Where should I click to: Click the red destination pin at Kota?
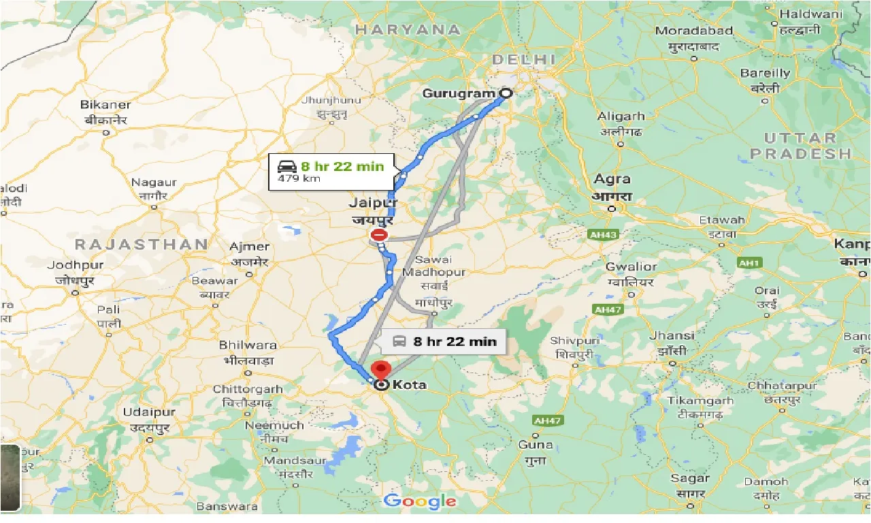click(380, 370)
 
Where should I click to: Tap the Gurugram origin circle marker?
click(506, 93)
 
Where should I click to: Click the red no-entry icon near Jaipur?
click(378, 236)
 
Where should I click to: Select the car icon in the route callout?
click(286, 165)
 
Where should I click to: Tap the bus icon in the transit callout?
click(399, 341)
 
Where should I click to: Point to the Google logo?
click(420, 502)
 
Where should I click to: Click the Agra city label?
click(612, 180)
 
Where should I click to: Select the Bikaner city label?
click(105, 105)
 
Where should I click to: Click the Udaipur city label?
click(149, 412)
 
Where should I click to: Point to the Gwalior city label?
click(631, 267)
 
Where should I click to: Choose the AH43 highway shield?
click(602, 235)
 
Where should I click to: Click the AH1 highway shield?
click(749, 262)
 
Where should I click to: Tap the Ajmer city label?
click(250, 247)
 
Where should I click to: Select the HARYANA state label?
click(408, 29)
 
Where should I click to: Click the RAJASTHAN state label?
click(142, 244)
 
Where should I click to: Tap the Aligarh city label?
click(621, 116)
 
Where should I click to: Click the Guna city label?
click(536, 445)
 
